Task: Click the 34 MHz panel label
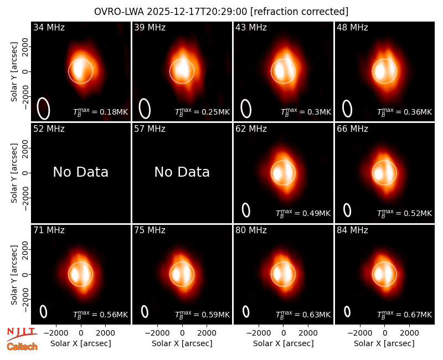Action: (x=49, y=27)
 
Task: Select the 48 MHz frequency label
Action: (x=352, y=27)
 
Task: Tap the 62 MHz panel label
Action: (x=251, y=129)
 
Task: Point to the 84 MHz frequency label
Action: (x=352, y=230)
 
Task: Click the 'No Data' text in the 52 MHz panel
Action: (x=81, y=172)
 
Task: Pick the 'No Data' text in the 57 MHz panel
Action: (x=182, y=172)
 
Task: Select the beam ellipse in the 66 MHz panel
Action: (x=347, y=210)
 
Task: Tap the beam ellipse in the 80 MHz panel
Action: (x=246, y=312)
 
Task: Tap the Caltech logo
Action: (x=22, y=347)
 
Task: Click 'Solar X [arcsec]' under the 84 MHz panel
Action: (x=384, y=343)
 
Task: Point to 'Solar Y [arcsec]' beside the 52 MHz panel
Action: (x=14, y=173)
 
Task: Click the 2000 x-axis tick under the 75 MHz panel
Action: (x=207, y=333)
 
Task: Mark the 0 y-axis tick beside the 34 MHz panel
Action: (x=25, y=71)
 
